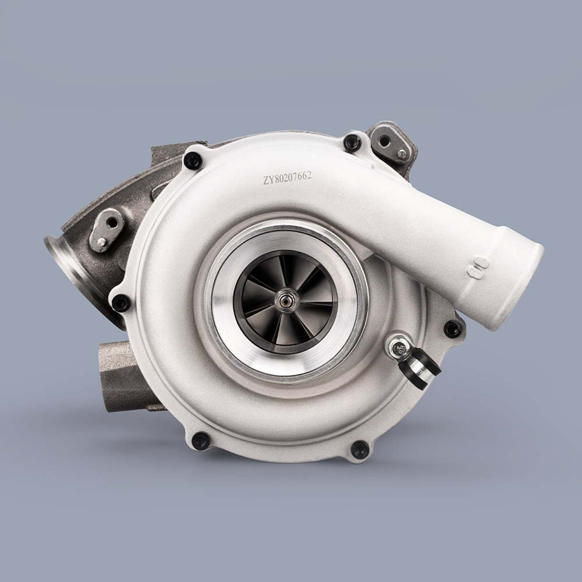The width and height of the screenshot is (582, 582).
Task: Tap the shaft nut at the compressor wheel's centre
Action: coord(286,301)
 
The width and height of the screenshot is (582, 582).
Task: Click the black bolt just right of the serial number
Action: coord(352,143)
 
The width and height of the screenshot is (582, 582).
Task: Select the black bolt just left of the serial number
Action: coord(193,160)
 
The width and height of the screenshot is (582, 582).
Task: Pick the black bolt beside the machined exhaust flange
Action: coord(121,303)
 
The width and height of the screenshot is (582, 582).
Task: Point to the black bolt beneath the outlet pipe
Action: coord(453,329)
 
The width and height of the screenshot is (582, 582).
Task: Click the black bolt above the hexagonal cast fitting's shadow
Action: coord(201,440)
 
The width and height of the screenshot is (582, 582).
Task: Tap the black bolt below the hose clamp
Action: coord(360,449)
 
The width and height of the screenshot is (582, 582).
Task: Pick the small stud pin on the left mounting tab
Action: coord(101,242)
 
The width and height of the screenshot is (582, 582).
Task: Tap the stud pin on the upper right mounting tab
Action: coord(401,154)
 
